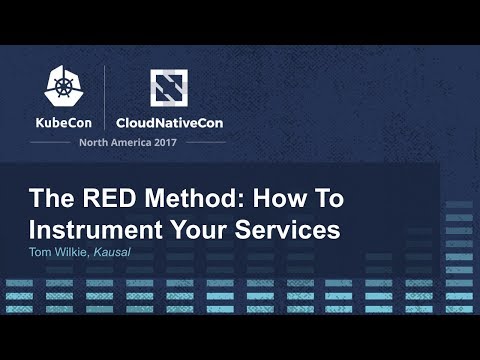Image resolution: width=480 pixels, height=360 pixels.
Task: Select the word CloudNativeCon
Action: point(169,124)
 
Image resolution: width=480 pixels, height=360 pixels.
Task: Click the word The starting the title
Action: point(48,198)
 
